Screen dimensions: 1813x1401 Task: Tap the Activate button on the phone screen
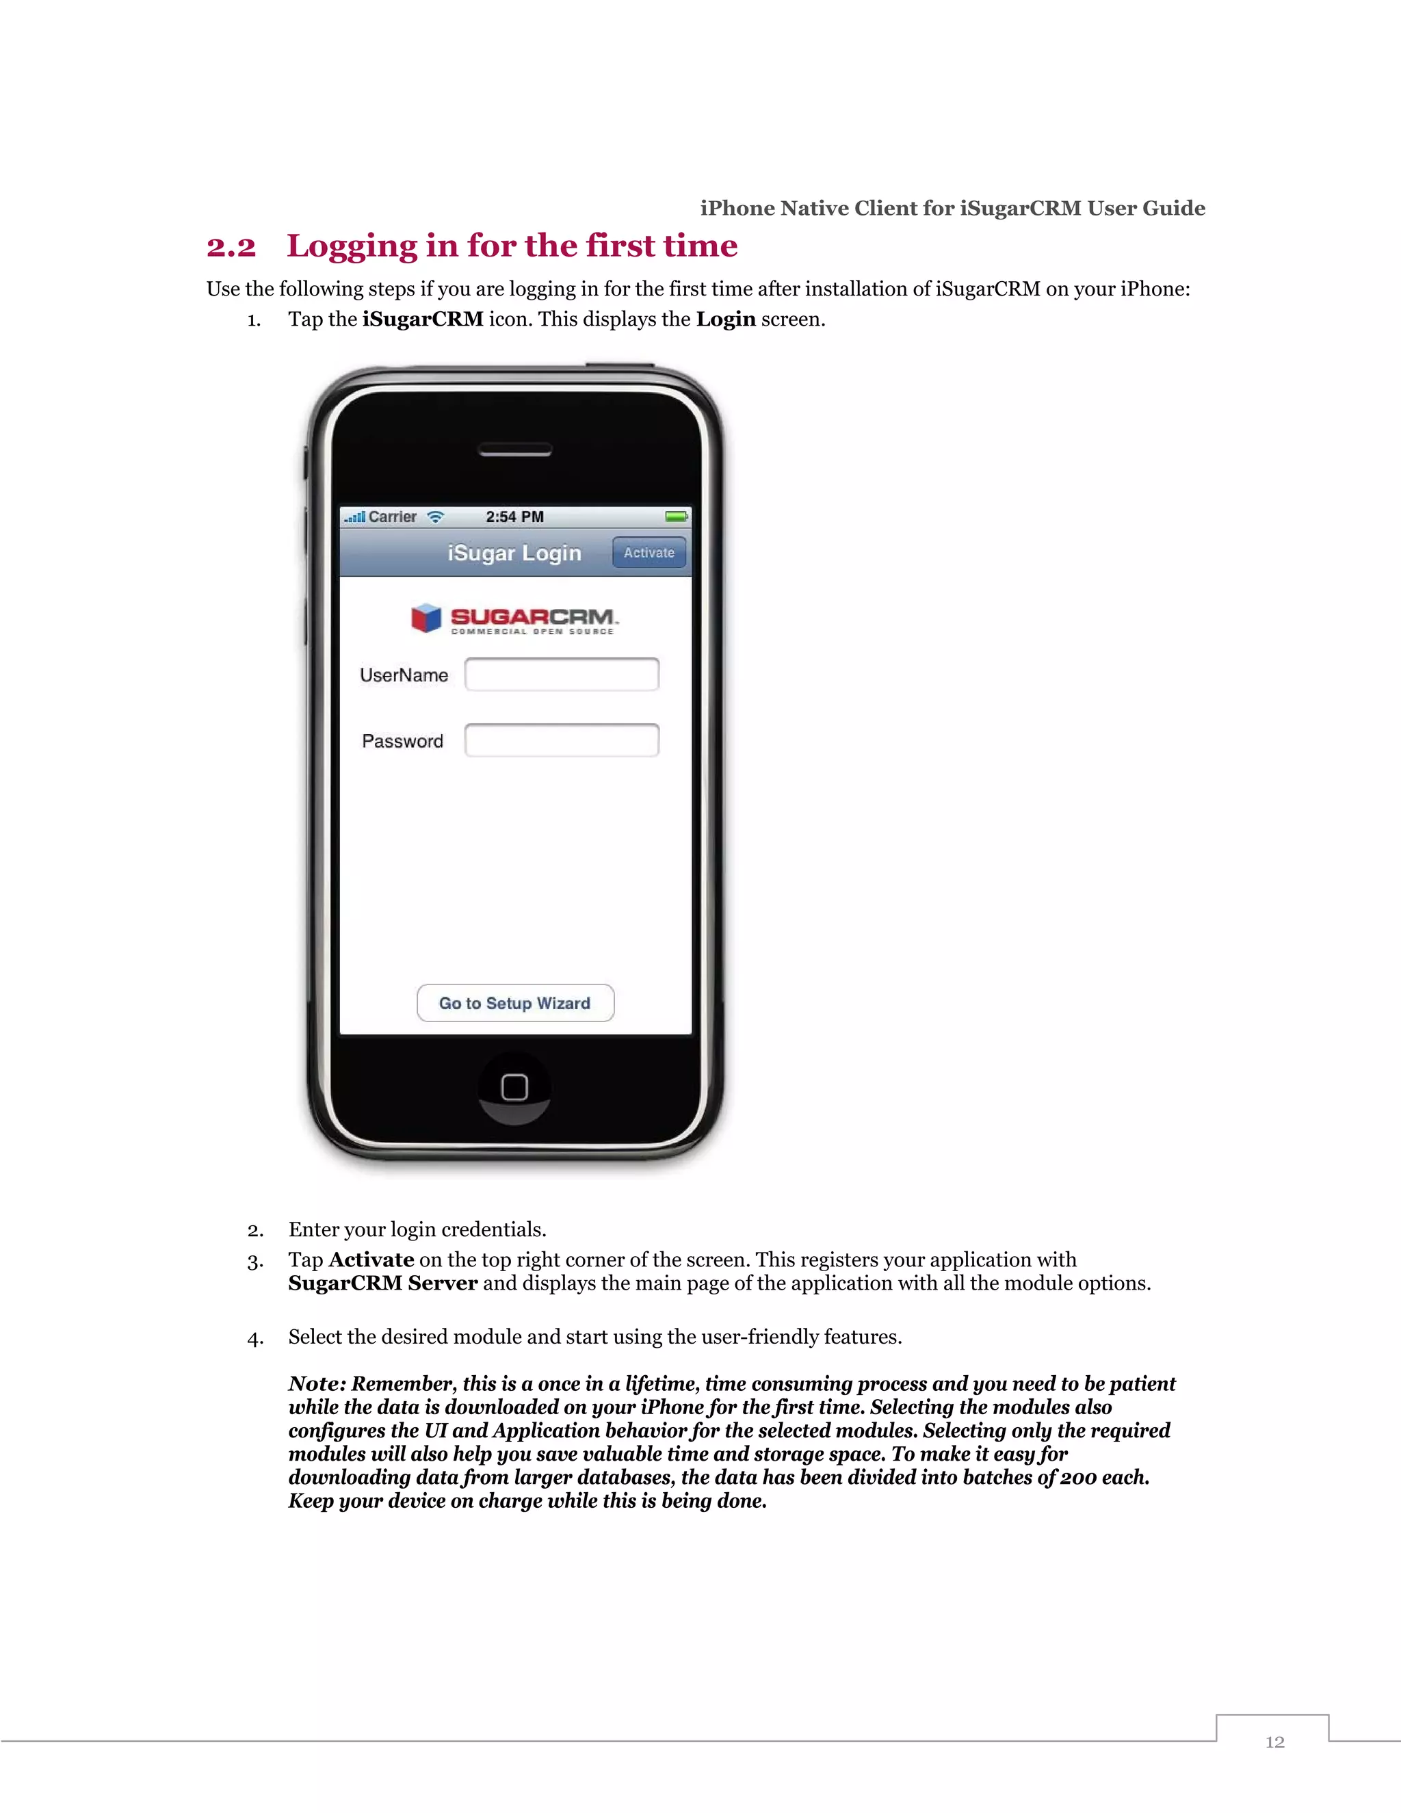649,553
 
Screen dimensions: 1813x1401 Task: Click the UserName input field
562,674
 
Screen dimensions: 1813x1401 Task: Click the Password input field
562,740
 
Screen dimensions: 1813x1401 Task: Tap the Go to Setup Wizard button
514,1003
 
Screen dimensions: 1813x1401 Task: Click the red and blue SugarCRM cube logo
425,618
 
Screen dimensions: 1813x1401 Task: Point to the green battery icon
677,517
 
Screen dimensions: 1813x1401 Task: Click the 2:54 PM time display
514,517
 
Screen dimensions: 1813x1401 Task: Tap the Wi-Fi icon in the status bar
436,517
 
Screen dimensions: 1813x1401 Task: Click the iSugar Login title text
514,553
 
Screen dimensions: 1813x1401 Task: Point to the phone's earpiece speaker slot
514,450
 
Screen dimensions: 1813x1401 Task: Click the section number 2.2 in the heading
231,246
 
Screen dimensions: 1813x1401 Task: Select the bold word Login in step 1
725,319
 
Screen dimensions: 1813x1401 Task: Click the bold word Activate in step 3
371,1260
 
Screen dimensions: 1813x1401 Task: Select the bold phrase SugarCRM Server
382,1283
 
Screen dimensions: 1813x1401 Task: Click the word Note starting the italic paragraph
315,1384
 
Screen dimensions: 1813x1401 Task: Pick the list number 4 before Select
254,1338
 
